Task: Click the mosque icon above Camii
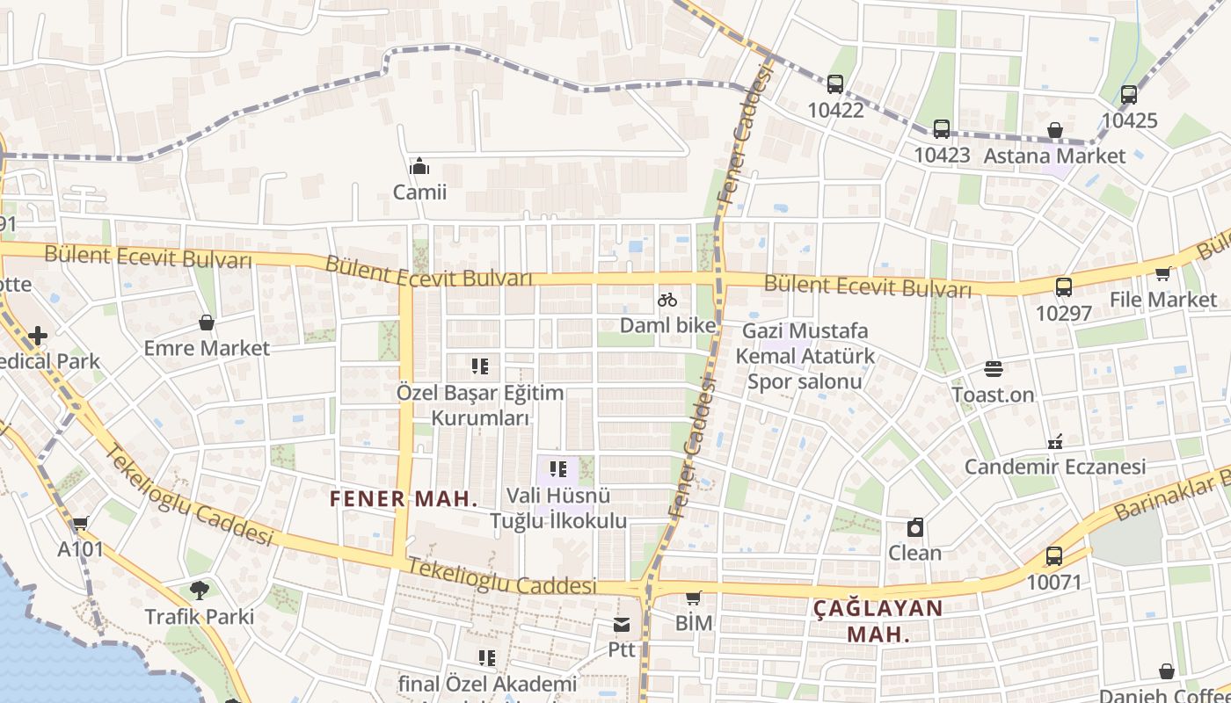(x=419, y=166)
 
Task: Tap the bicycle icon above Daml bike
(x=667, y=300)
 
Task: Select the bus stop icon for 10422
(x=835, y=84)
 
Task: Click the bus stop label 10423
(x=942, y=156)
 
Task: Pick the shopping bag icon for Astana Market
(x=1055, y=131)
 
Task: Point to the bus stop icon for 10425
(x=1129, y=95)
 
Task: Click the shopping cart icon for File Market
(x=1162, y=274)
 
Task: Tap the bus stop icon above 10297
(x=1063, y=286)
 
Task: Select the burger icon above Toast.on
(x=994, y=369)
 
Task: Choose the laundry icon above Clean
(x=915, y=527)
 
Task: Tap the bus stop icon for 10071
(x=1054, y=556)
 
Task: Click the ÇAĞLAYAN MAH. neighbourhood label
(x=878, y=620)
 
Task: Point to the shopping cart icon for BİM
(x=693, y=598)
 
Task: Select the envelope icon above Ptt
(x=622, y=625)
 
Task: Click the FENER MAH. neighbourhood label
(x=404, y=499)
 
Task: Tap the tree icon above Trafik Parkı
(x=200, y=591)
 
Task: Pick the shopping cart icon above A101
(x=80, y=524)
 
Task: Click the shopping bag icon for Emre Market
(x=207, y=323)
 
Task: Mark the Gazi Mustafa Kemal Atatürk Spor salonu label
(x=805, y=356)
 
